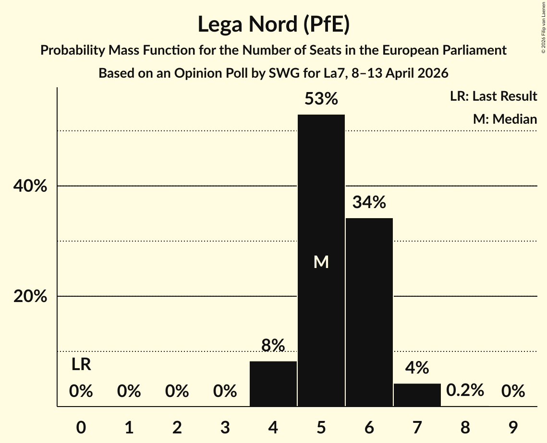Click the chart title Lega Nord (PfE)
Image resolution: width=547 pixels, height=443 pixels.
tap(273, 24)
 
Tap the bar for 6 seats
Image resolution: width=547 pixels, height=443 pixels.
tap(369, 312)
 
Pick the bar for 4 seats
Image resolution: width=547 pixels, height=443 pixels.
tap(273, 384)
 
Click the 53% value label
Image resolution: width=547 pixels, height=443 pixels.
tap(321, 99)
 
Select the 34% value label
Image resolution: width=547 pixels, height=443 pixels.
tap(369, 202)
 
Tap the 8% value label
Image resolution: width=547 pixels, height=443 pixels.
tap(273, 345)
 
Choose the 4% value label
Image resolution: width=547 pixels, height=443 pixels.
tap(417, 368)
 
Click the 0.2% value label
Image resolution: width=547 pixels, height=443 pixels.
tap(465, 391)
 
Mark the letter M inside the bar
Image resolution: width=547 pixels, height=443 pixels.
tap(321, 262)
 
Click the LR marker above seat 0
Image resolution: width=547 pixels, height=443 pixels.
tap(81, 365)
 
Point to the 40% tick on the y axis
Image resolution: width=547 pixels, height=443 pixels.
tap(30, 186)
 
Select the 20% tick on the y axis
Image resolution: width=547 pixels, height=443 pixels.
tap(30, 297)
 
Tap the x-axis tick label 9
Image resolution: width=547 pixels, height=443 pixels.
tap(513, 427)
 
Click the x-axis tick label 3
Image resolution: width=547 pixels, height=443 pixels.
tap(225, 427)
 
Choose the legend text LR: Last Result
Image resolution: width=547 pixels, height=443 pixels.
tap(494, 96)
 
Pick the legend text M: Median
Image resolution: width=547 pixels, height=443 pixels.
tap(505, 119)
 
